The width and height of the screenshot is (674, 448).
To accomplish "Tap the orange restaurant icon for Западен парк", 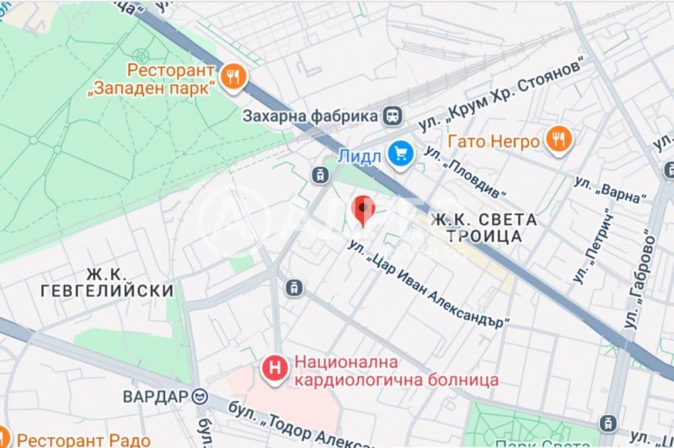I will (232, 78).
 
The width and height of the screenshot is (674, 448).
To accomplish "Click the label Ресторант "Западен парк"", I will (173, 78).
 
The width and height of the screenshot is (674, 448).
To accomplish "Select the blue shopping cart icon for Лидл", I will (399, 153).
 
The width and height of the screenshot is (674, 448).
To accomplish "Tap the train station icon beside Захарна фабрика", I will (393, 115).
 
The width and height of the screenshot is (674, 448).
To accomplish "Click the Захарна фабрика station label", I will (309, 115).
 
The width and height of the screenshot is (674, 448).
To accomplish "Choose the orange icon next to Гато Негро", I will (558, 139).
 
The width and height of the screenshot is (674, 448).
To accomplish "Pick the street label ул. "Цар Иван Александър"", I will (430, 284).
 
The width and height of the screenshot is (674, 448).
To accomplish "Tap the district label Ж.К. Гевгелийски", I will (107, 282).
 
